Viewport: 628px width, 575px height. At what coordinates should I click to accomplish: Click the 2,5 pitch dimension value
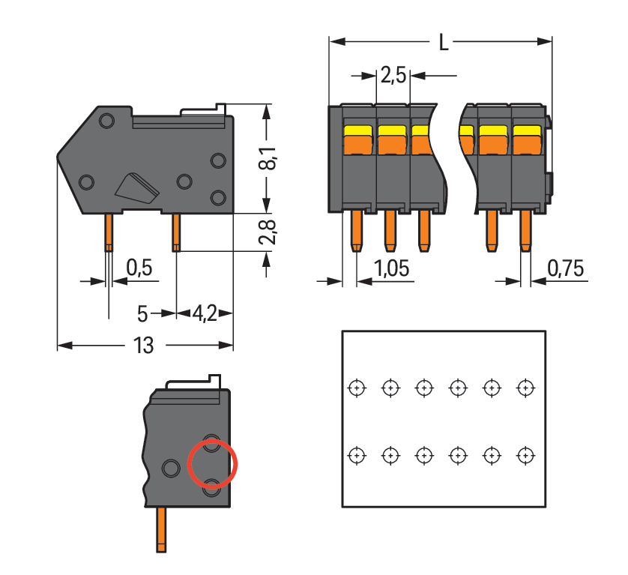393,76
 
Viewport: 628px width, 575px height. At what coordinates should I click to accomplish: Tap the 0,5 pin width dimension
139,268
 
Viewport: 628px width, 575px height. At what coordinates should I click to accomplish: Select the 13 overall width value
143,346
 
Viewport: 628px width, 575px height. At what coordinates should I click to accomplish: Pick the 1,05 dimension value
393,268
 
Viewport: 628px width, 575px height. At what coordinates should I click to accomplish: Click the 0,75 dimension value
566,268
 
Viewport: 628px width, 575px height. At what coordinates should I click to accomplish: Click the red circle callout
212,463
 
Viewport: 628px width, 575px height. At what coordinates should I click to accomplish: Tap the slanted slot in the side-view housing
137,188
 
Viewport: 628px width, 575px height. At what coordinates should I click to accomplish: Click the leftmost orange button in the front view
357,139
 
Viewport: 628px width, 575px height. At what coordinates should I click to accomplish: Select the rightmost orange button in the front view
526,139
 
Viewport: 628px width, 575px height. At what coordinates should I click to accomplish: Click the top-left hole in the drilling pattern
357,388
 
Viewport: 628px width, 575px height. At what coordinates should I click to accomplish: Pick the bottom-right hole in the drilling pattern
526,455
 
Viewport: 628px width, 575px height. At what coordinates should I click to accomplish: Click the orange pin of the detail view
161,529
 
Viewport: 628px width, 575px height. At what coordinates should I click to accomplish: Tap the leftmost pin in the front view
357,230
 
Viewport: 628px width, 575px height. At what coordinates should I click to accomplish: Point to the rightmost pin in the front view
525,230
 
